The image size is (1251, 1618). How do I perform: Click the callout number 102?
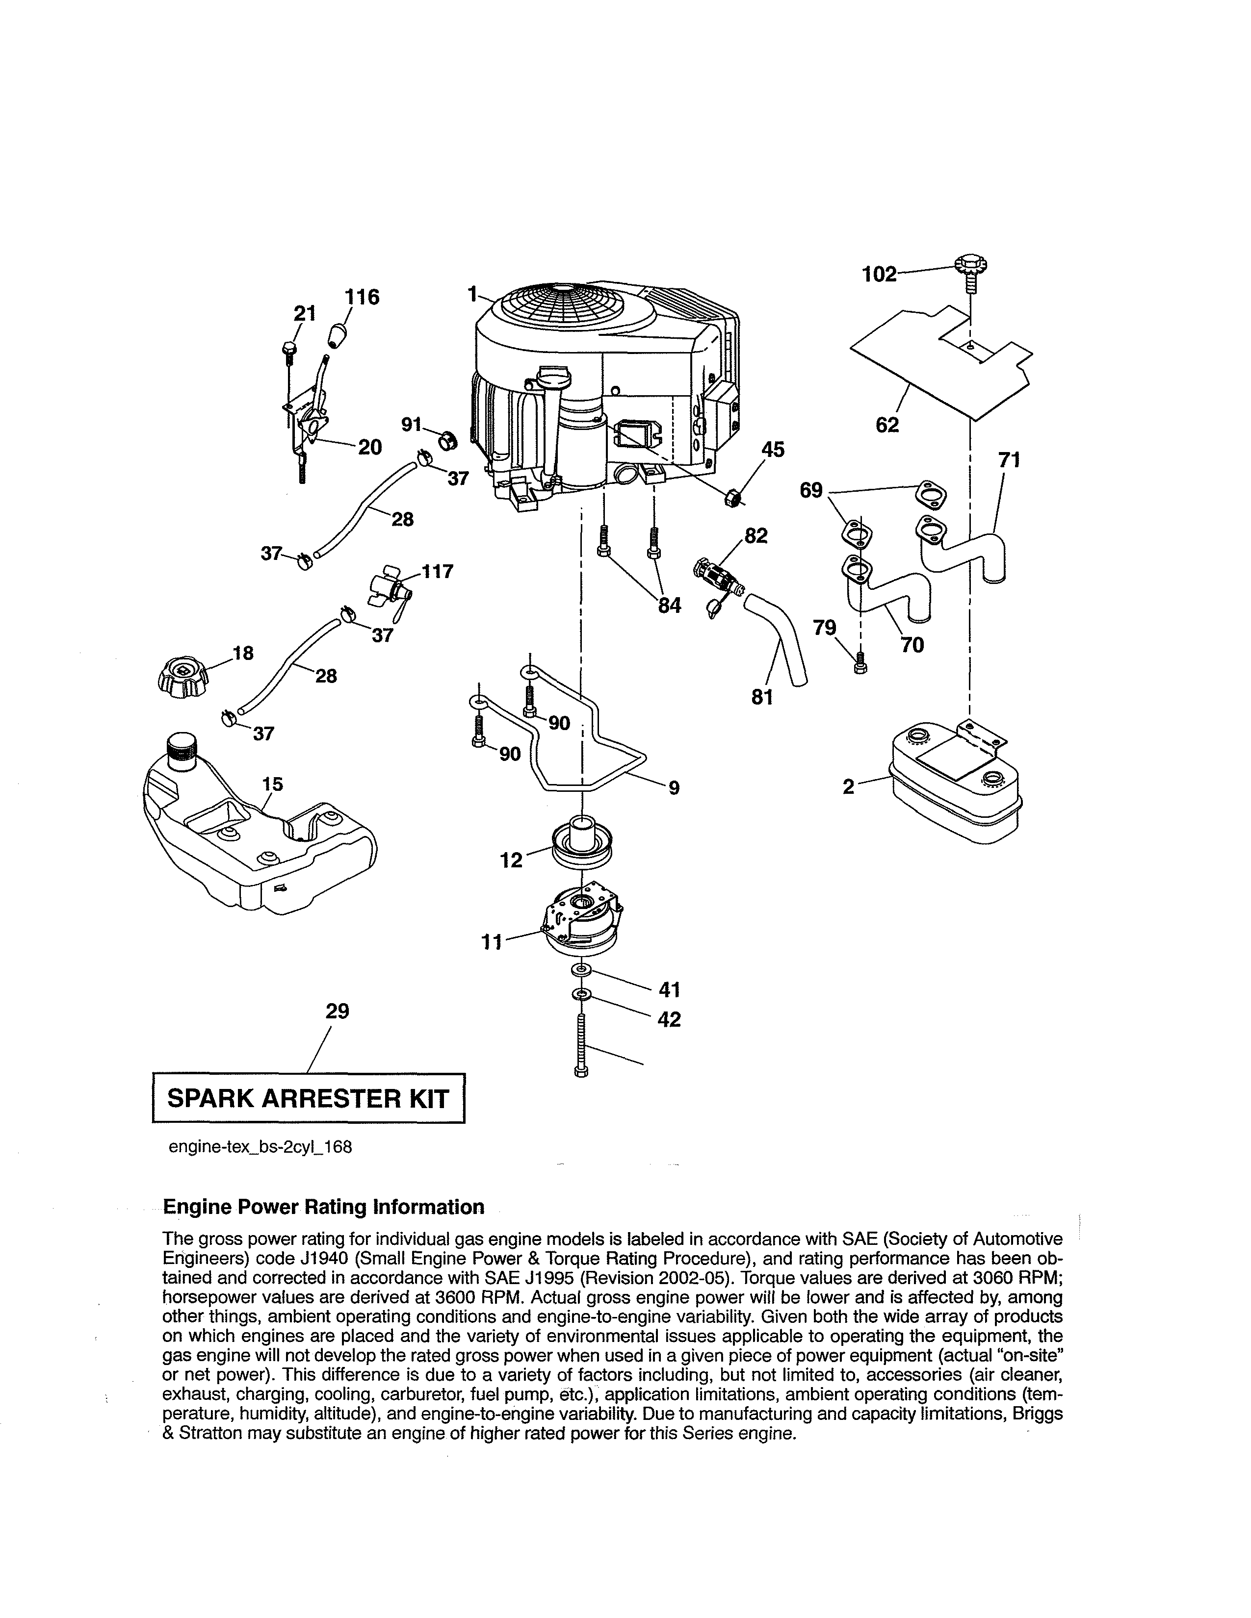(879, 274)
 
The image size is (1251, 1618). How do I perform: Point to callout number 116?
(361, 297)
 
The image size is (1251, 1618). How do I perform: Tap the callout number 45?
(773, 450)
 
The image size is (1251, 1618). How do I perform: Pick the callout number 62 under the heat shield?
(887, 425)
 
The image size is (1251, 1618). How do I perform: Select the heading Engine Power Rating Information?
(323, 1207)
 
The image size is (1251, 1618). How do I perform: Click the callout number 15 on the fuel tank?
(273, 784)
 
